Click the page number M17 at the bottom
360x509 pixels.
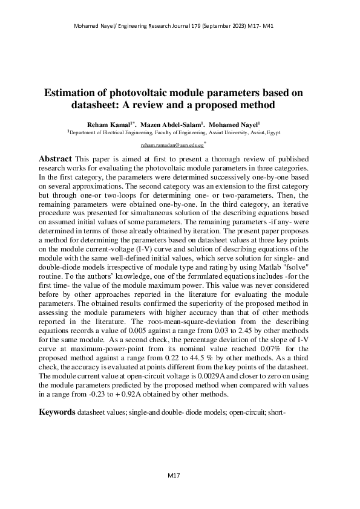(x=174, y=476)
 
